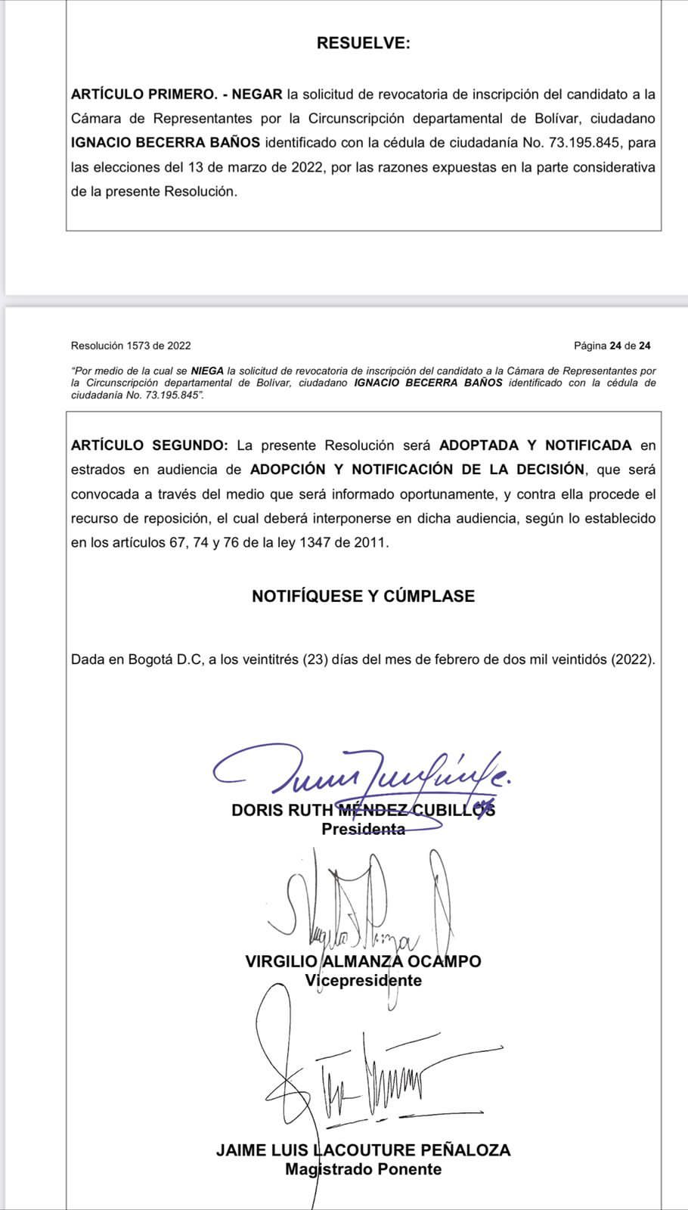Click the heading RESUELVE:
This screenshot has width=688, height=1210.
pos(363,43)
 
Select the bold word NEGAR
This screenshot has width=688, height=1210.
pos(257,95)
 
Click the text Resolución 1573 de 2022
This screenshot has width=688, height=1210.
pos(131,346)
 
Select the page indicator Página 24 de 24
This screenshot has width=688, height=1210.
pos(612,346)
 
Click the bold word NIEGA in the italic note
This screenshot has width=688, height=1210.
pos(207,371)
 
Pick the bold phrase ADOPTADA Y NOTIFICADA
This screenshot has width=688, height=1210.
pos(535,445)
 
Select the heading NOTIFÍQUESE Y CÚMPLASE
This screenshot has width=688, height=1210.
pos(363,596)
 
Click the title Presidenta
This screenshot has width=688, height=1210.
pos(363,829)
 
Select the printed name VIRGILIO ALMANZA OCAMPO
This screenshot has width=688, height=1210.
pos(363,961)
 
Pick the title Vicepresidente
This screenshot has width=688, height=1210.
pos(363,980)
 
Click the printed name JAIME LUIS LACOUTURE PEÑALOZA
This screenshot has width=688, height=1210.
pos(363,1150)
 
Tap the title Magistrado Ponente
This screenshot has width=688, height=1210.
pos(363,1169)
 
